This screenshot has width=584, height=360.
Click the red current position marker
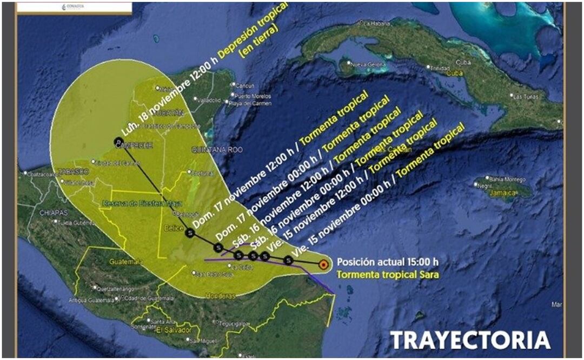(x=323, y=265)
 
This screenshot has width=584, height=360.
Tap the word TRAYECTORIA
(x=470, y=341)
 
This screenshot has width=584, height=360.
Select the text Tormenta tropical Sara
(x=388, y=275)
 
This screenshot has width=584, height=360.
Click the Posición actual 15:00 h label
(x=387, y=263)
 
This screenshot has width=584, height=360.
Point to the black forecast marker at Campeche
(x=118, y=142)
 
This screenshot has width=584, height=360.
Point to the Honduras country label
(x=221, y=296)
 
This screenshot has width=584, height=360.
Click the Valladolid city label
(x=208, y=101)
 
